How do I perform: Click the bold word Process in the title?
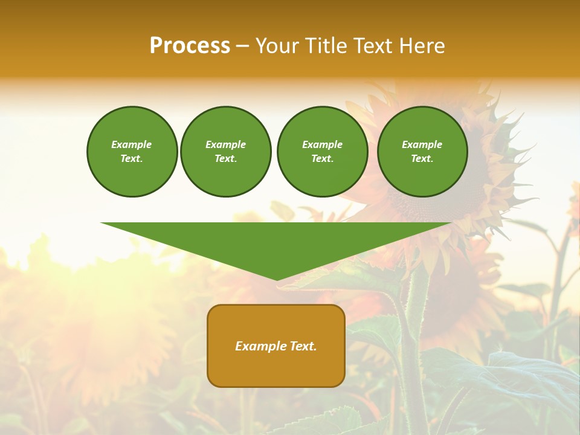click(190, 46)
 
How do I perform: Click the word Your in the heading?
click(277, 46)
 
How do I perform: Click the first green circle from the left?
click(132, 151)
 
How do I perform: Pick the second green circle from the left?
click(225, 151)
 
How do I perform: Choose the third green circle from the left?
click(322, 151)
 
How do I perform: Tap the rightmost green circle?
click(422, 151)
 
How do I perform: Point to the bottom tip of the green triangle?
click(277, 279)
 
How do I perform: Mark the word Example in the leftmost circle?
click(132, 144)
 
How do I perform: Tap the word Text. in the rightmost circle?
click(422, 158)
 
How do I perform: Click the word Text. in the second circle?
click(225, 158)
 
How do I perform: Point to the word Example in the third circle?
click(322, 144)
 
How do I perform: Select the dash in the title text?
click(242, 46)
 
